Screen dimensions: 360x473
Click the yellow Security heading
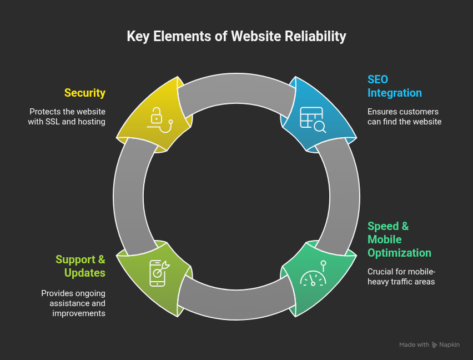84,93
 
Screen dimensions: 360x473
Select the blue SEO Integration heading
394,86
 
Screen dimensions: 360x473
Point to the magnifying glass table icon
313,119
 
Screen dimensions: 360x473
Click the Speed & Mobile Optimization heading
399,239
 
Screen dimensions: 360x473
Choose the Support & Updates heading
80,266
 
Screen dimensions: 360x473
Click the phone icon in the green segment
158,273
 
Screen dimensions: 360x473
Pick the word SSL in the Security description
54,122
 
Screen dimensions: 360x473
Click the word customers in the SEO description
420,112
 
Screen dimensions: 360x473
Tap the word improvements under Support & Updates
78,313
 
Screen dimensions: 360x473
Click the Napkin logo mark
435,345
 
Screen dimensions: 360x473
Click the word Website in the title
254,37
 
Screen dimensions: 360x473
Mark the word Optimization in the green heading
399,253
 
